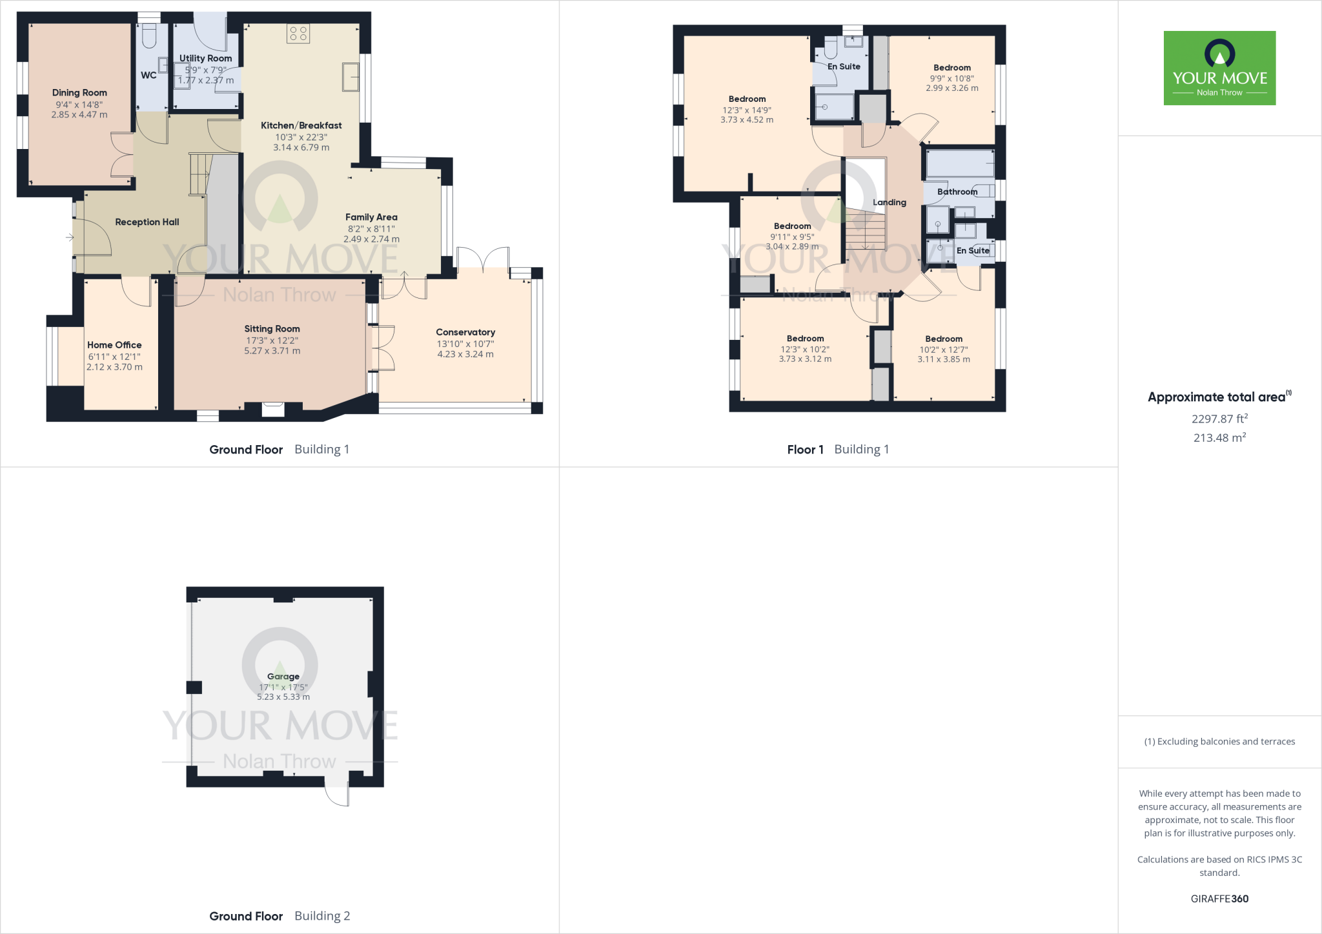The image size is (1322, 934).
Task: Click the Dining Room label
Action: pos(79,93)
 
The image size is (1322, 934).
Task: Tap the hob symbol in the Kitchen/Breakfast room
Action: pos(298,34)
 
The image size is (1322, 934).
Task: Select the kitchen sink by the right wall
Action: pos(351,77)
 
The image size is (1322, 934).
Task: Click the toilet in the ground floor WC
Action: pos(149,36)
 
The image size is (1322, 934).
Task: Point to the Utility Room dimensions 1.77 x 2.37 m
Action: pos(206,81)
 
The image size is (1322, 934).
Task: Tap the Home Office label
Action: pos(114,345)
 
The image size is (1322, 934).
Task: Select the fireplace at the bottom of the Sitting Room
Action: pos(273,409)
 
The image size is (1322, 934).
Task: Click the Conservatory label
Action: pos(465,332)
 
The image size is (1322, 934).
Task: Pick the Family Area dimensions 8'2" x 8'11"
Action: pos(371,228)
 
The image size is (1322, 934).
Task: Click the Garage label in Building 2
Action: pos(283,676)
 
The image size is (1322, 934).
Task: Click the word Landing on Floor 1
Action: pos(890,203)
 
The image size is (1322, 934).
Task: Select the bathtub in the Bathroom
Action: pos(960,164)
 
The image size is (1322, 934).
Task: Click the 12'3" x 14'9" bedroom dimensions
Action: pos(747,110)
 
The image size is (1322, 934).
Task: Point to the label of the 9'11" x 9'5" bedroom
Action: pos(792,226)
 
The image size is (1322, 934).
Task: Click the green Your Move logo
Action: pos(1219,68)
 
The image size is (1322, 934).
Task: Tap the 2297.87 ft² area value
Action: pos(1219,419)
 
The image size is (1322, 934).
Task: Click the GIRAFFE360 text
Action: pos(1219,899)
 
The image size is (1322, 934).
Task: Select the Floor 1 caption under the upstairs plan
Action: pos(805,450)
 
